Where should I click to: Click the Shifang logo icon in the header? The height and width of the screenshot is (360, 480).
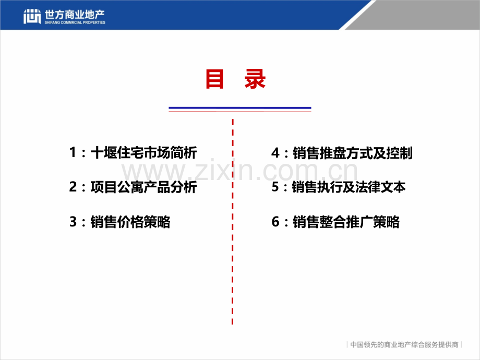(32, 17)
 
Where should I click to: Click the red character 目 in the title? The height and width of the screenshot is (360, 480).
(214, 79)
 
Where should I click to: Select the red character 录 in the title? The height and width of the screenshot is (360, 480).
(255, 79)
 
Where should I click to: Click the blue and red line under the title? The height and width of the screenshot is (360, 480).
(239, 109)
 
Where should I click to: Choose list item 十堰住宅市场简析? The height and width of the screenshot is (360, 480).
(143, 153)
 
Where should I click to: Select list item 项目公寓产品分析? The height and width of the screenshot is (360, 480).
(143, 187)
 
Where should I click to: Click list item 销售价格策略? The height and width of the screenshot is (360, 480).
(130, 222)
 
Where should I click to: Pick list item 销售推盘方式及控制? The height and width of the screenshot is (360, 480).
(353, 153)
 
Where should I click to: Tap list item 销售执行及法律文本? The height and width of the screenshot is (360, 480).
(349, 187)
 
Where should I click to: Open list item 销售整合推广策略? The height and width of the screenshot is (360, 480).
(346, 222)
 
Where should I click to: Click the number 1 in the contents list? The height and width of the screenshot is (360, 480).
(73, 153)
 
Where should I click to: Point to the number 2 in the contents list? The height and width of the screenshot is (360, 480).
(73, 187)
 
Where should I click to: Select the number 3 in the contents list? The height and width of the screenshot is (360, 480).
(73, 222)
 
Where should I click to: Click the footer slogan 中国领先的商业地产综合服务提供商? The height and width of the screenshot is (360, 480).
(404, 345)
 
